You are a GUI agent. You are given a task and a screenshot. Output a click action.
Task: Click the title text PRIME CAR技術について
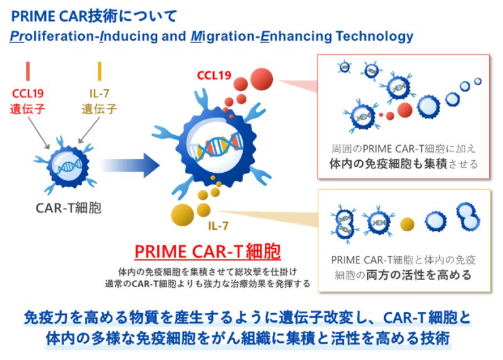tap(94, 13)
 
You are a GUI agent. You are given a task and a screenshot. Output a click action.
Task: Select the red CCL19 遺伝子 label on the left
tap(28, 101)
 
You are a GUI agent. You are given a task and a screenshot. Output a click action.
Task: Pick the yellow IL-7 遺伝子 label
tap(99, 101)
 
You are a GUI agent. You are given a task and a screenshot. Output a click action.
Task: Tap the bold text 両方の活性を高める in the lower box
tap(428, 275)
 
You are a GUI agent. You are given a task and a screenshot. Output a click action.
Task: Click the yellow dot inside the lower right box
tap(407, 223)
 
